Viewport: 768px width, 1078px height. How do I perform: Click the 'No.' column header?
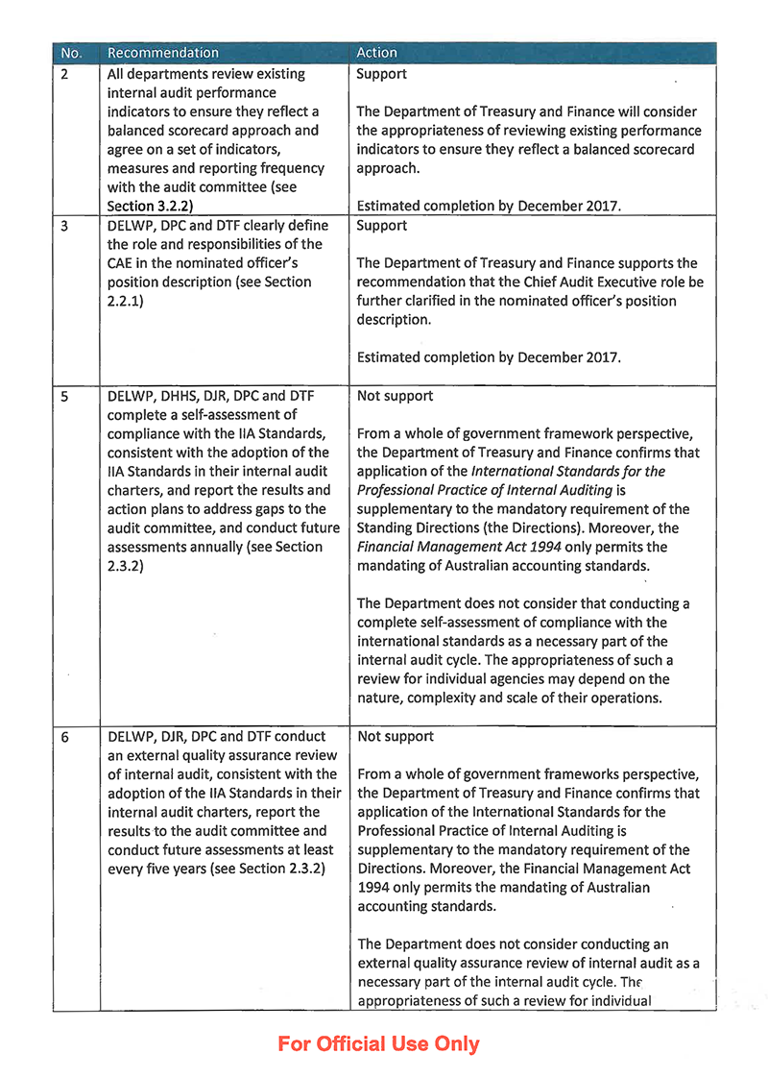71,53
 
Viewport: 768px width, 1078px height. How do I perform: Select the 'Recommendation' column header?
163,53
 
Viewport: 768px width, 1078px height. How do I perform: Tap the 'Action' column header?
376,53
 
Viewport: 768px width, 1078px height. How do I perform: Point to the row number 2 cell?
64,74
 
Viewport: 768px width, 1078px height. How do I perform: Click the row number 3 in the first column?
64,226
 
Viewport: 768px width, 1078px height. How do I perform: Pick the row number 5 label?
64,395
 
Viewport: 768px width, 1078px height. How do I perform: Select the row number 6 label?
64,737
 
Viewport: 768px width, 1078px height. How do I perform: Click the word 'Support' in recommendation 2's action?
381,74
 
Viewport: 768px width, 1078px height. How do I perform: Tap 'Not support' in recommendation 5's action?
395,395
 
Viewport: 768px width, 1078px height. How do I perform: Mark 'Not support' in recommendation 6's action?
395,737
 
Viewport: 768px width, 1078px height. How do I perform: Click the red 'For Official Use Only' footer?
378,1043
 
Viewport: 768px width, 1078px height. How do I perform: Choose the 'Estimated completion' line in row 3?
488,357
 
